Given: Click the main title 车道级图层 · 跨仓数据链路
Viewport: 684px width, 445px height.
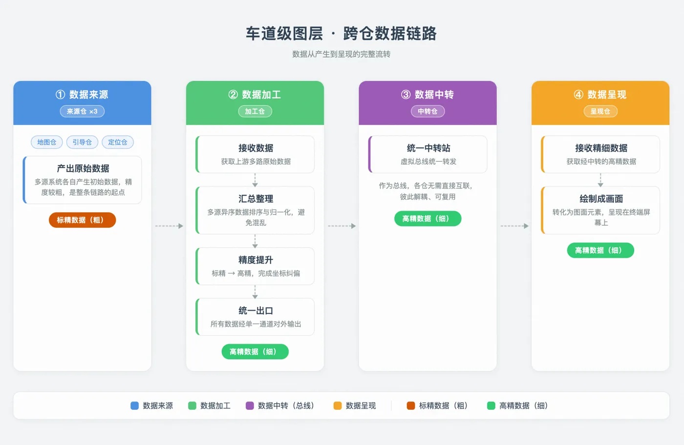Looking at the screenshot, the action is point(342,33).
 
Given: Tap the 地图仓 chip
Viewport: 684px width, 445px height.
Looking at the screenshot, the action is point(47,142).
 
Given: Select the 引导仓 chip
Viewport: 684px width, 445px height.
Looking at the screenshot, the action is point(82,142).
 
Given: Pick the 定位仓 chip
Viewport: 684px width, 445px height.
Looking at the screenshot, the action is point(118,142).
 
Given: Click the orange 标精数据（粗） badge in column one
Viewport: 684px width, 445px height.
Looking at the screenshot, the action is point(82,220).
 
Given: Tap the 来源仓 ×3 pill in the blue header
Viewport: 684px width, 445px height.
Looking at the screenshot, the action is point(82,111).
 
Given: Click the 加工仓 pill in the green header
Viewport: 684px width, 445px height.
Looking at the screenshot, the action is point(255,111).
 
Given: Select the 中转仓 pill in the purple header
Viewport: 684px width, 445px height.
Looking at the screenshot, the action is point(427,111).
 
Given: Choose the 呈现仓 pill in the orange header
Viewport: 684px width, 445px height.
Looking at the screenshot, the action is point(600,111).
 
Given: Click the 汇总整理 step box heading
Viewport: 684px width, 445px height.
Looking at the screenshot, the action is point(256,199).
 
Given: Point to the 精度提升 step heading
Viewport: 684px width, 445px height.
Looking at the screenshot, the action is point(256,260).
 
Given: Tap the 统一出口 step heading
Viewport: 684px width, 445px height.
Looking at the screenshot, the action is point(256,311).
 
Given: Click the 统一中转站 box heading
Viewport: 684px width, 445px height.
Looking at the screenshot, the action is point(428,148).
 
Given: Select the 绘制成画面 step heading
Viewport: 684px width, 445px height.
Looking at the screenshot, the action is point(601,199).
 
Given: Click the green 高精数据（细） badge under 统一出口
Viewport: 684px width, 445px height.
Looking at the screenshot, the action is point(255,352).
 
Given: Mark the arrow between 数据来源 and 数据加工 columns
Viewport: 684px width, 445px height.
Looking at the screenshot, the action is point(169,226).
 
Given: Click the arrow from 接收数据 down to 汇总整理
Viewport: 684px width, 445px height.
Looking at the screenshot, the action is point(255,180).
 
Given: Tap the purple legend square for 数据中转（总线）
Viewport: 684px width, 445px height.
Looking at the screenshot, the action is point(250,405).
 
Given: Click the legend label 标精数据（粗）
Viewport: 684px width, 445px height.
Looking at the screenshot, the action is point(444,405).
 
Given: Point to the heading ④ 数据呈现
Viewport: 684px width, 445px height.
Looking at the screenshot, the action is point(600,94).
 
